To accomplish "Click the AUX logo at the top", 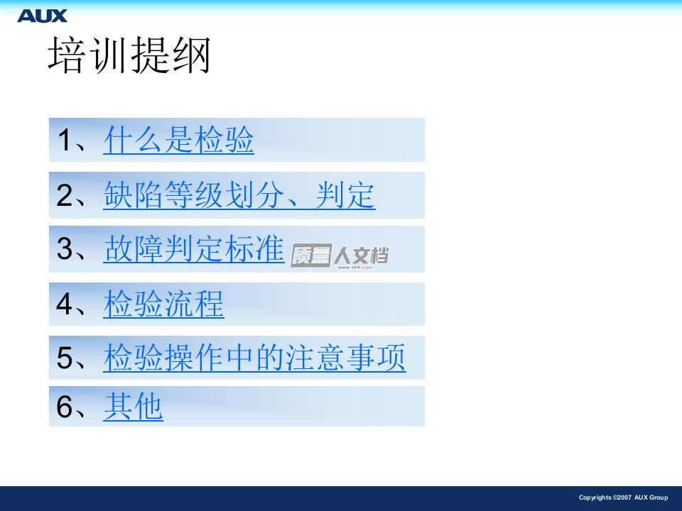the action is coord(42,16).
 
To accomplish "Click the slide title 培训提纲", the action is coord(129,55).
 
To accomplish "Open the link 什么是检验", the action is coord(179,140).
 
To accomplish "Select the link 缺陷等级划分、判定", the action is coord(239,195).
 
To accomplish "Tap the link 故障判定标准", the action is coord(194,248).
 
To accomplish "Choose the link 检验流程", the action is coord(163,304).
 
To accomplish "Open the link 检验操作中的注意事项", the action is coord(254,357).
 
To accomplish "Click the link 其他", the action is coord(133,406).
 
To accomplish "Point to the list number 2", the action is coord(65,195).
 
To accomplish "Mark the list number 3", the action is coord(65,248).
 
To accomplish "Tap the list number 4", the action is coord(65,303).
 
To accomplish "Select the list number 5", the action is coord(65,357).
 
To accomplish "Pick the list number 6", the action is coord(65,406).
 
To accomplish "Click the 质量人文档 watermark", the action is coord(340,256).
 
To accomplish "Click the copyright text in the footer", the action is coord(623,498).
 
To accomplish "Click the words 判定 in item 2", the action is coord(345,195).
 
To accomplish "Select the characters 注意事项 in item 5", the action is coord(345,357).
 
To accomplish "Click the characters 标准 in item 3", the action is coord(254,248).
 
